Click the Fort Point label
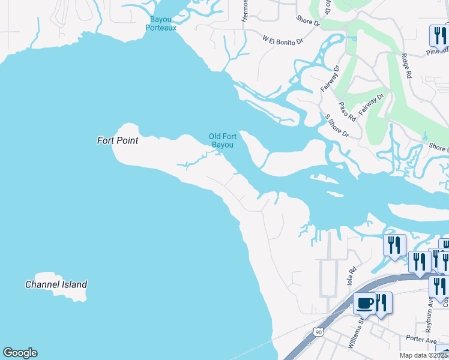tap(118, 140)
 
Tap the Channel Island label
tap(56, 284)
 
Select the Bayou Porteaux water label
tap(163, 23)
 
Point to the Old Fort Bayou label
tap(222, 140)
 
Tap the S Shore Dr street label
tap(336, 126)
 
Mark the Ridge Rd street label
tap(406, 66)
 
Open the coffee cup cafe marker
tap(364, 304)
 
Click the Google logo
tap(20, 353)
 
